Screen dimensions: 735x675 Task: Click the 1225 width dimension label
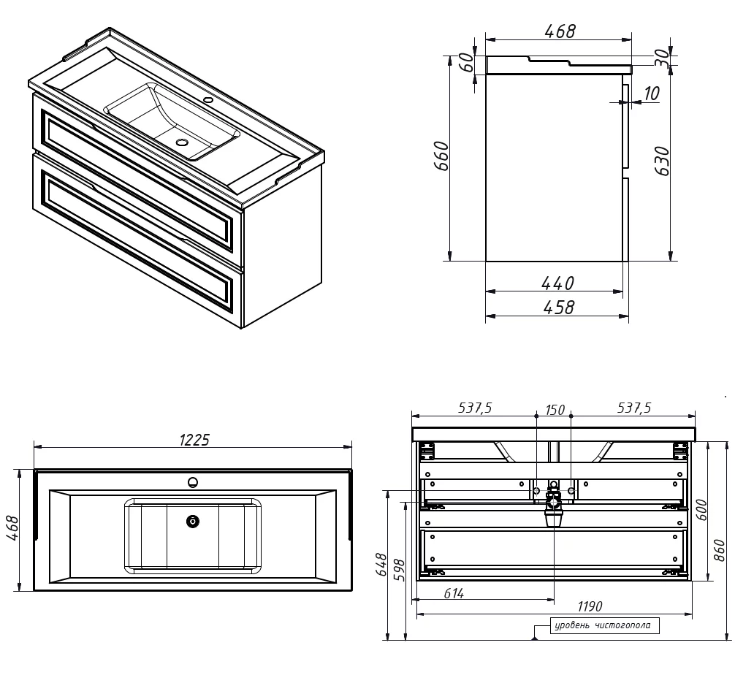[194, 440]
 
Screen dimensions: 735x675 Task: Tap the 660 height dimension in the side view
[443, 156]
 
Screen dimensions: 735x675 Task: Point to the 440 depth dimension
[557, 283]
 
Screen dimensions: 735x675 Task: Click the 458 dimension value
[559, 308]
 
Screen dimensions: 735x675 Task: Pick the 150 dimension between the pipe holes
[555, 410]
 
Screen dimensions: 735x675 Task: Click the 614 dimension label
[454, 593]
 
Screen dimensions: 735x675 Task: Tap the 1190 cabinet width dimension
[590, 606]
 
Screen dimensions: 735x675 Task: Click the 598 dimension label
[399, 570]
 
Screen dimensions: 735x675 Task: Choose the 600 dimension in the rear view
[701, 510]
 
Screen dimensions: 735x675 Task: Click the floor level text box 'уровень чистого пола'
[605, 625]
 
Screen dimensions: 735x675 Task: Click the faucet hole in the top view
[193, 482]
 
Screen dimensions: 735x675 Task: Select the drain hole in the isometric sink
[181, 142]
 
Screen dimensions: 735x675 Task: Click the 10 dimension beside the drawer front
[652, 94]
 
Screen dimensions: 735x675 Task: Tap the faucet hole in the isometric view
[209, 100]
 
